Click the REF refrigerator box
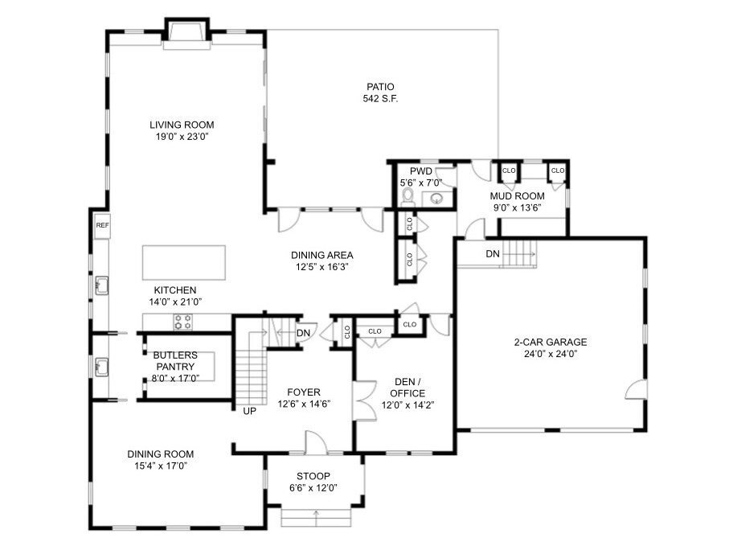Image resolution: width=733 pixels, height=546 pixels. click(102, 225)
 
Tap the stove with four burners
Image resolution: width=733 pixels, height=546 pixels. click(182, 322)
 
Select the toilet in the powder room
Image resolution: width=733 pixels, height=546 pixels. click(408, 196)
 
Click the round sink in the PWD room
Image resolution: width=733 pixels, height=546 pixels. click(436, 199)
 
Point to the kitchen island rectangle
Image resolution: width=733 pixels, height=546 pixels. click(184, 262)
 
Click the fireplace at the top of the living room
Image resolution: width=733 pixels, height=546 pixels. click(186, 34)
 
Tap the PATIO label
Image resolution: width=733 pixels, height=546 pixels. click(380, 87)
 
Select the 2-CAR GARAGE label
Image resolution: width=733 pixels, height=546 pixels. click(551, 342)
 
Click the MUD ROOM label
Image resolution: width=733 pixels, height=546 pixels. click(517, 196)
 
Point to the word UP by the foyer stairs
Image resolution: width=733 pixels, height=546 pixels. click(250, 411)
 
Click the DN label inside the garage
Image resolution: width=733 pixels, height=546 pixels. click(493, 254)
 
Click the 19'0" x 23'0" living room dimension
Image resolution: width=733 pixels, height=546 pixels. click(182, 137)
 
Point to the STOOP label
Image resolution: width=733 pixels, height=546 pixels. click(313, 476)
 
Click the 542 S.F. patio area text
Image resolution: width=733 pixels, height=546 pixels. click(380, 99)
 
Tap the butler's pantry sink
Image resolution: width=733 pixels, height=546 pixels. click(101, 367)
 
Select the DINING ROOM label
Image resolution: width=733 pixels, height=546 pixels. click(161, 454)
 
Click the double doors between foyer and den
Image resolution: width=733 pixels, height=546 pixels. click(364, 400)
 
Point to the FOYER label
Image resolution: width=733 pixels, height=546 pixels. click(304, 392)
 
